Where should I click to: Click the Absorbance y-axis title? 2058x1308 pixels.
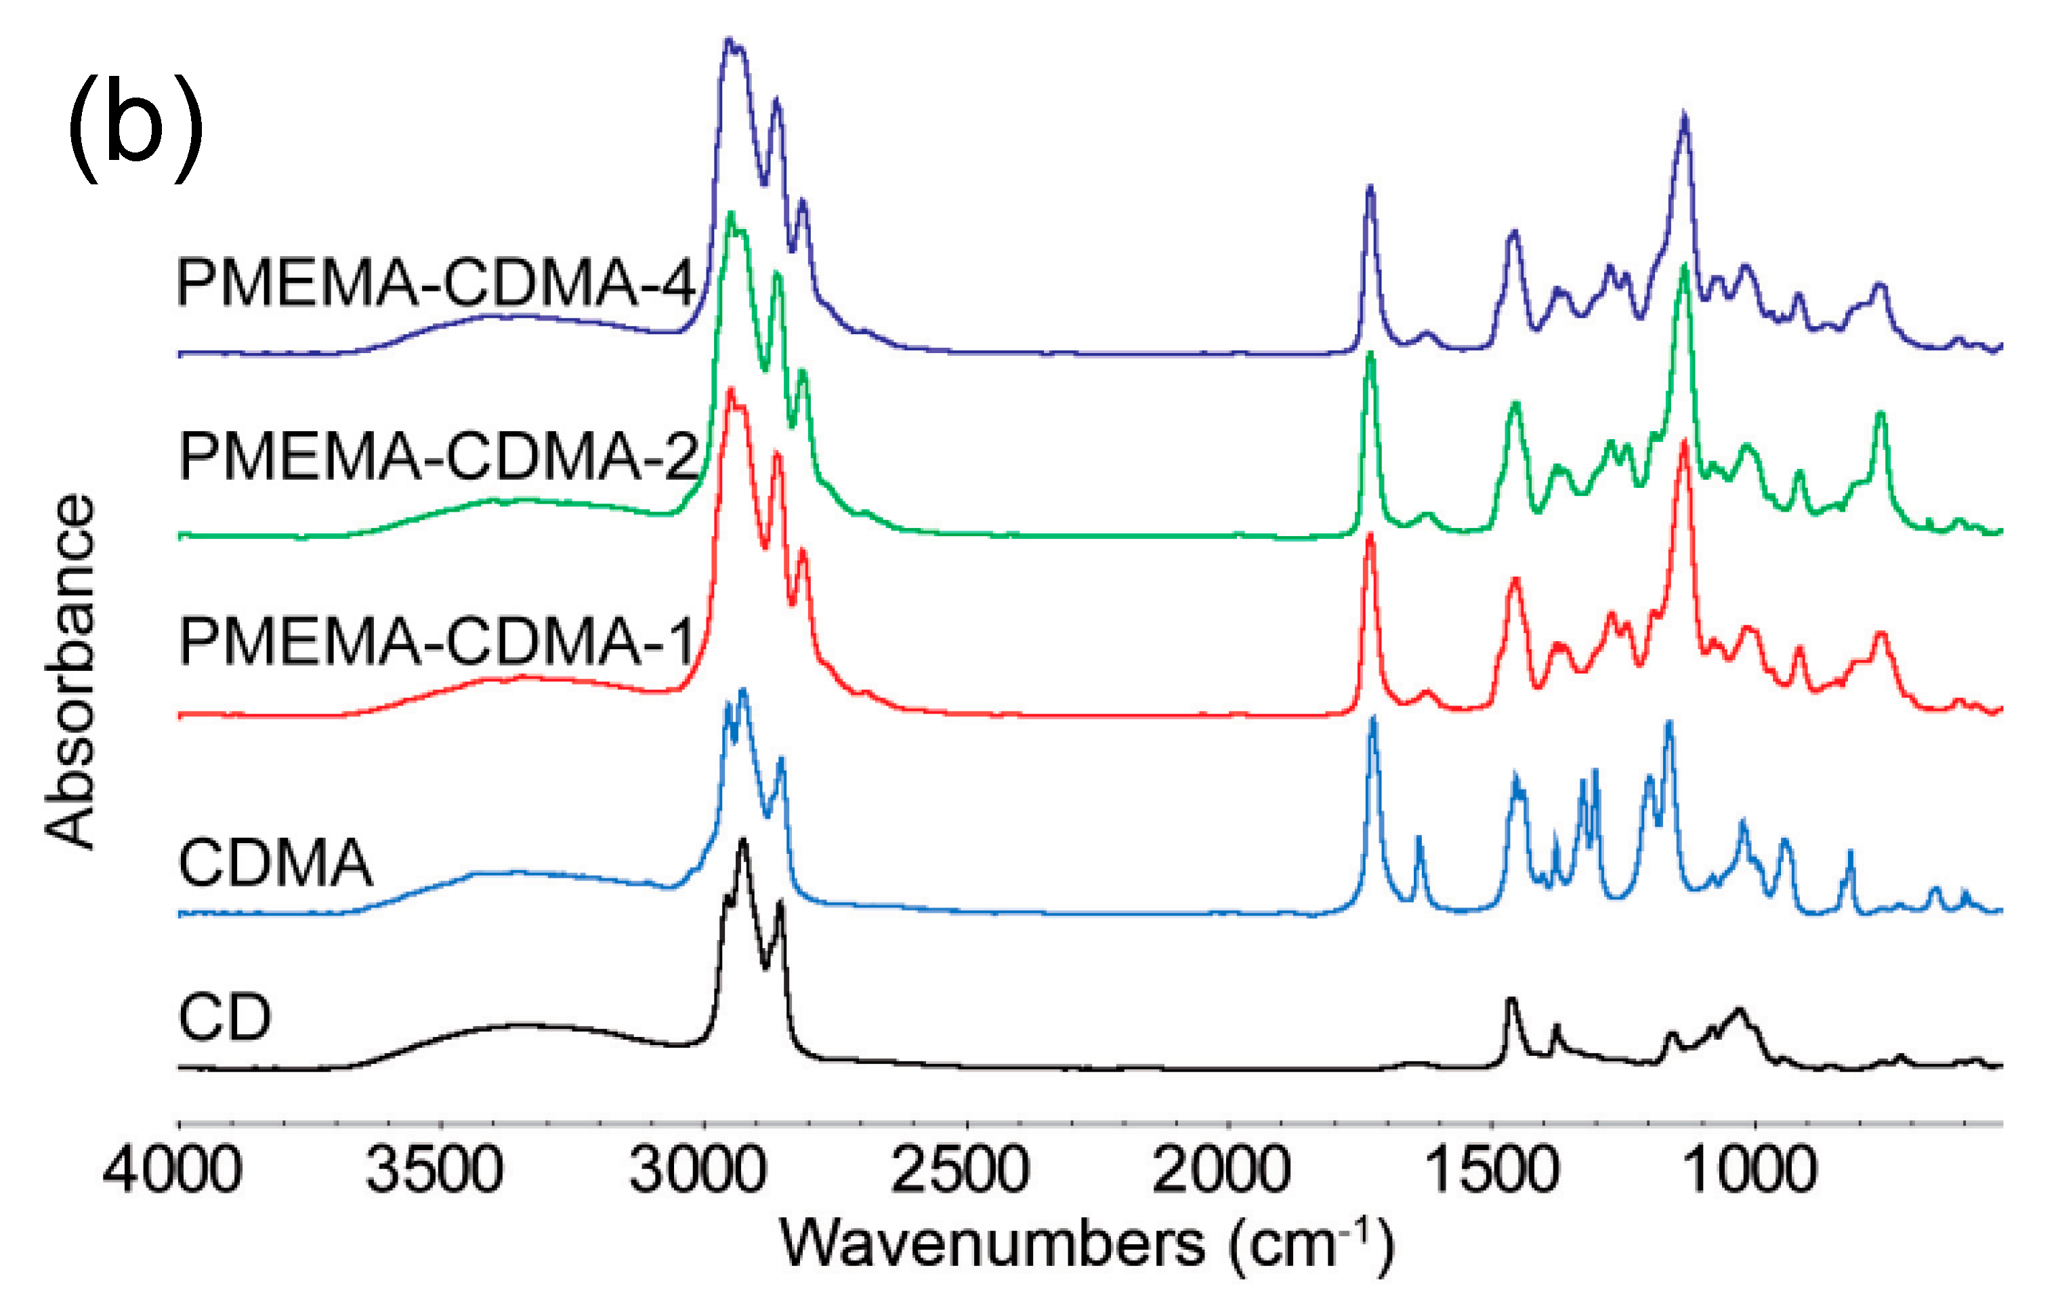click(70, 672)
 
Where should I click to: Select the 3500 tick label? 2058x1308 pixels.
click(434, 1170)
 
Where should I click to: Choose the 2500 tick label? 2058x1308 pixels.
click(960, 1170)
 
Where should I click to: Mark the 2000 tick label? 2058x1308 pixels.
click(1221, 1170)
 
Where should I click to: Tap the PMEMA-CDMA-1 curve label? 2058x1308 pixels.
click(436, 641)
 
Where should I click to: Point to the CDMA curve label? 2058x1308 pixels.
click(275, 863)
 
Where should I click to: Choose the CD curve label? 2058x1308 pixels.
click(225, 1017)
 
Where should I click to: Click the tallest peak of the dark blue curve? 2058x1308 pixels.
click(728, 40)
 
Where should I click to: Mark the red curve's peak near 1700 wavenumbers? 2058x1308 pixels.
click(1370, 536)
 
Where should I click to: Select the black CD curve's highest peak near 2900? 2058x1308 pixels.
click(742, 842)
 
